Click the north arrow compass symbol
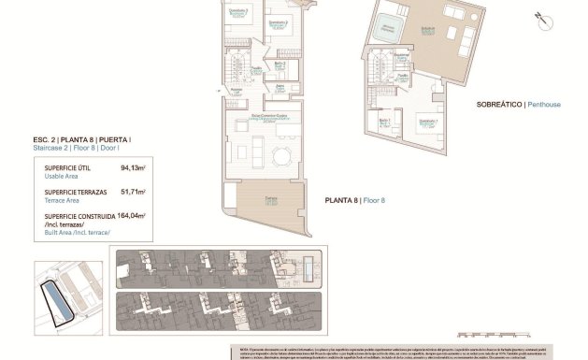pos(540,16)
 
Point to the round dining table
pos(280,153)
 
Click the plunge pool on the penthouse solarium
pos(387,29)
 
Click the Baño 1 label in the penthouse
pos(384,122)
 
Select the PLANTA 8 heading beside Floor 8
pos(341,200)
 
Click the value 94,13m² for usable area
pos(135,168)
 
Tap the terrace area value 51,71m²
pos(135,191)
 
